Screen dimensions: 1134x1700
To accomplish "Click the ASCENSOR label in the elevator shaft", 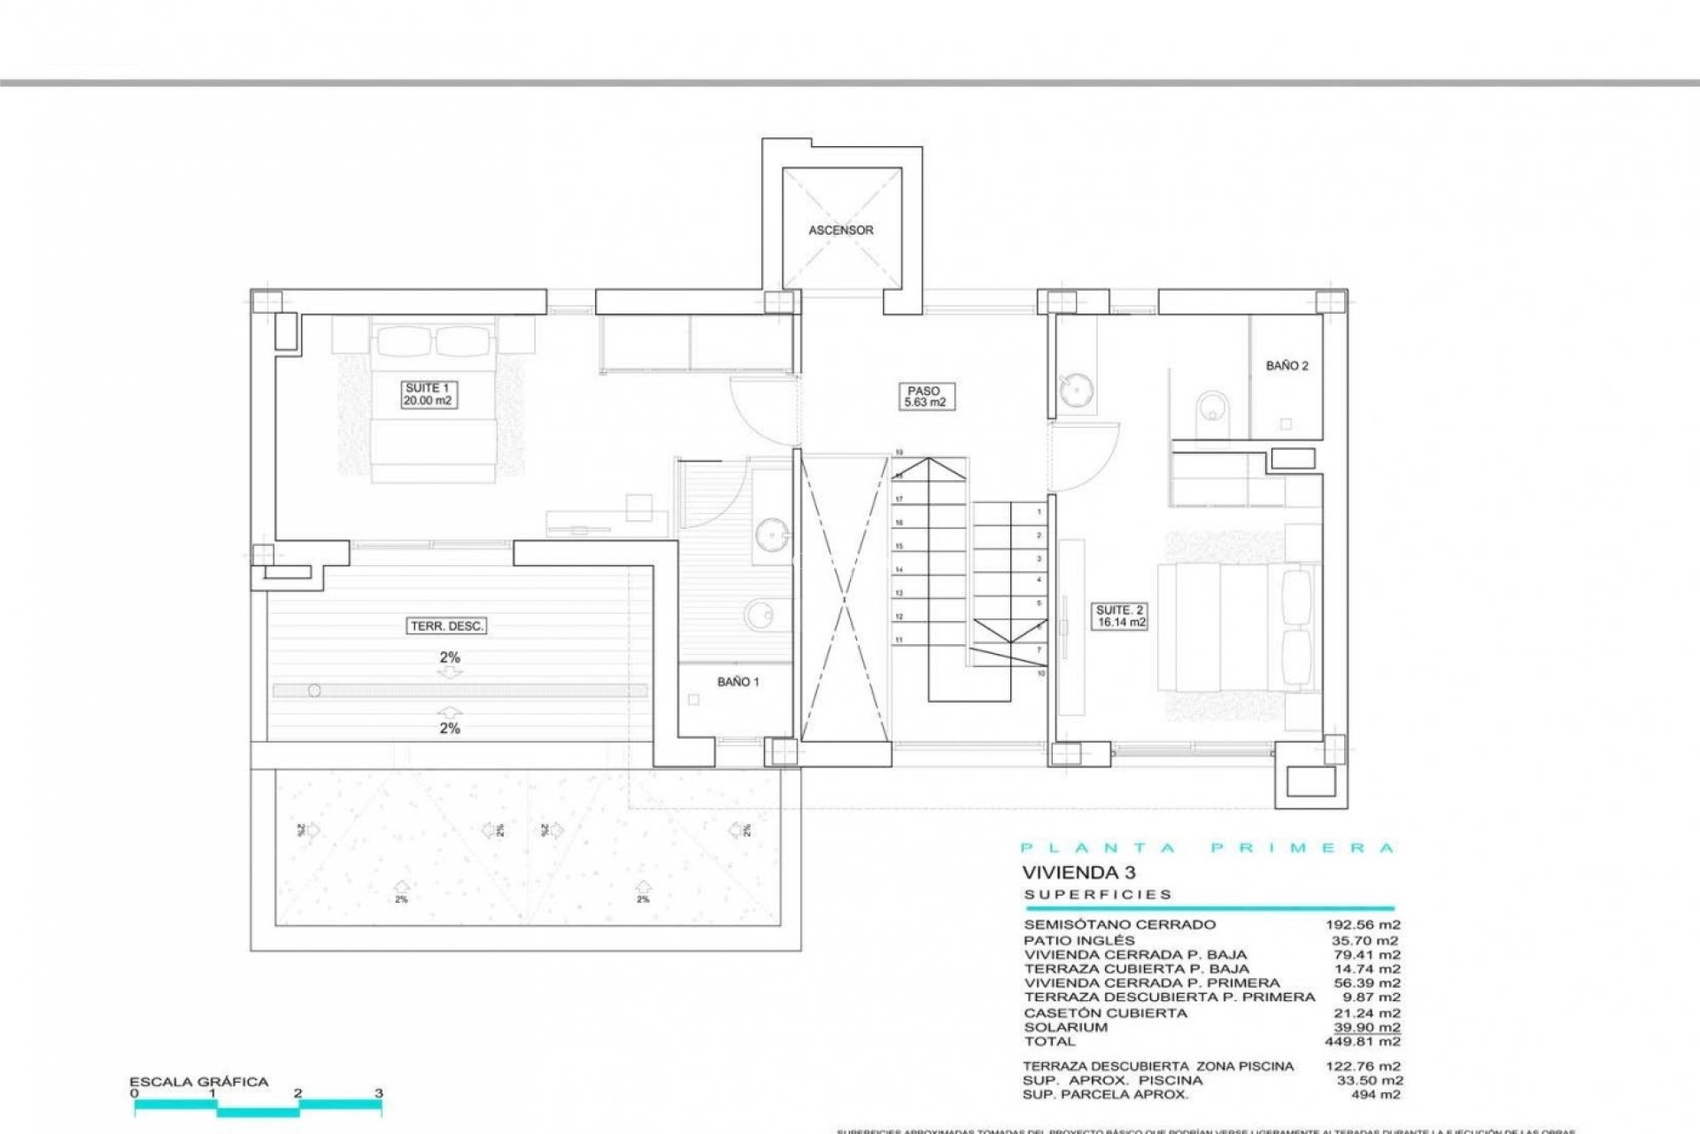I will tap(840, 230).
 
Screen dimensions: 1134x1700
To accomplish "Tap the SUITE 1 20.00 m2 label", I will tap(429, 394).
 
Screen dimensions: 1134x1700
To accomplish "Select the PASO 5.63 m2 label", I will tap(923, 396).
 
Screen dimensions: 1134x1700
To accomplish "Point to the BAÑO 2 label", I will tap(1287, 366).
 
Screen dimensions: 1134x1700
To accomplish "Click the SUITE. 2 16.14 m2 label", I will tap(1120, 617).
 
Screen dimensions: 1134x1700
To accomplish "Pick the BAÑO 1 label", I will tap(738, 682).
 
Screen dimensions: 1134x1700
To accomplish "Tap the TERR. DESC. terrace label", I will tap(447, 626).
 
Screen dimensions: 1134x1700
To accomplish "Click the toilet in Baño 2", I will tap(1208, 413).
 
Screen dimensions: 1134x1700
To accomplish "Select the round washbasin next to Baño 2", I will tap(1075, 391).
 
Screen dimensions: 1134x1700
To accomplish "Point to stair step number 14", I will tap(899, 570).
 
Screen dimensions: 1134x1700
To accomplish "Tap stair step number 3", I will tap(1039, 559).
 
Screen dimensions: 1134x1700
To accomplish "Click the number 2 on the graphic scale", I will tap(298, 1093).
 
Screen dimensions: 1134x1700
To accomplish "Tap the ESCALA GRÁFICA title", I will tap(198, 1082).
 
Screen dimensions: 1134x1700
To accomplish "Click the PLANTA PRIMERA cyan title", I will tap(1208, 848).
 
